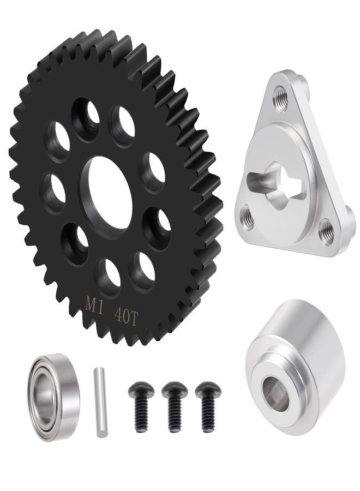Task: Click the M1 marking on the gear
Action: (95, 304)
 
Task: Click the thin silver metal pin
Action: (100, 403)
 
